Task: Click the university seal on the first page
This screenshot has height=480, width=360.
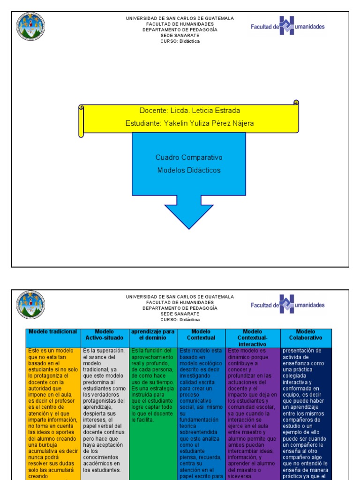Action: pyautogui.click(x=31, y=26)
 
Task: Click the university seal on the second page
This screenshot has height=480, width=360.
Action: pyautogui.click(x=31, y=305)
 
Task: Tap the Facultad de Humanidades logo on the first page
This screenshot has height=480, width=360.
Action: pyautogui.click(x=287, y=26)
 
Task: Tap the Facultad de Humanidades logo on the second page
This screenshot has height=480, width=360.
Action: pyautogui.click(x=287, y=305)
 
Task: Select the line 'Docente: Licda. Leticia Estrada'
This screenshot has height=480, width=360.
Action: pyautogui.click(x=189, y=111)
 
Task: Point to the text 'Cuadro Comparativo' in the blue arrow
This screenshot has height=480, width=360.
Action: pyautogui.click(x=189, y=157)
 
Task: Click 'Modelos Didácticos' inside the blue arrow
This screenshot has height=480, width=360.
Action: pyautogui.click(x=189, y=170)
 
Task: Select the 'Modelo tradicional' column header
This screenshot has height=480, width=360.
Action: pyautogui.click(x=53, y=332)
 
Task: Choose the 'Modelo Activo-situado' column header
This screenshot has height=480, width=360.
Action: pyautogui.click(x=104, y=335)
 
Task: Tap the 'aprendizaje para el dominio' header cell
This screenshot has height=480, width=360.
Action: pyautogui.click(x=153, y=335)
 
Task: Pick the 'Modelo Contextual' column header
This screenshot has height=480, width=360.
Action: pyautogui.click(x=201, y=335)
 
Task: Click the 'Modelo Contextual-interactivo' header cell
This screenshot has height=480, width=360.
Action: pyautogui.click(x=253, y=337)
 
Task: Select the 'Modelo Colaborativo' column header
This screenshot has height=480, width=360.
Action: pyautogui.click(x=306, y=335)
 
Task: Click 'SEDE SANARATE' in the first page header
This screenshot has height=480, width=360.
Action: pyautogui.click(x=180, y=35)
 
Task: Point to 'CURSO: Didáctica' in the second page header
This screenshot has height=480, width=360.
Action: pyautogui.click(x=180, y=320)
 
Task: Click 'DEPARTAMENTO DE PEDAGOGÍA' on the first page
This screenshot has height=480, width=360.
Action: pyautogui.click(x=180, y=30)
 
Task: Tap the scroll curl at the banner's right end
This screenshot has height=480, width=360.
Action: pyautogui.click(x=296, y=103)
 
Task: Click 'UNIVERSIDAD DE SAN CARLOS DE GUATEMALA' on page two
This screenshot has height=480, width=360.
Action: pyautogui.click(x=180, y=297)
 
